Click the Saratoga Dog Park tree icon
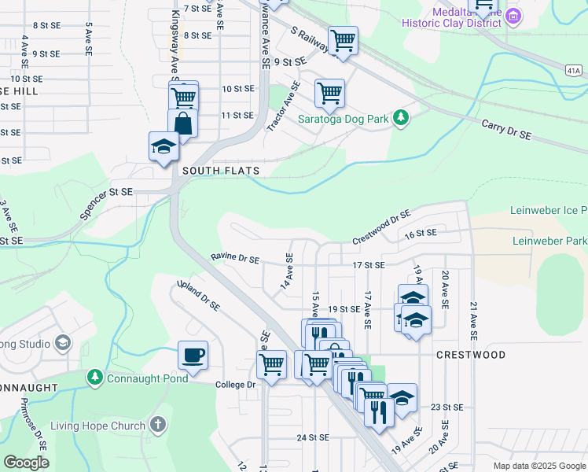click(402, 118)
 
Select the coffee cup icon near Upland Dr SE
click(193, 356)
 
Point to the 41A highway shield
click(577, 70)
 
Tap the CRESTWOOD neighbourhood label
click(471, 355)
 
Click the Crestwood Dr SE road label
click(381, 227)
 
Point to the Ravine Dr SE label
click(235, 258)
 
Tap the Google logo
click(27, 463)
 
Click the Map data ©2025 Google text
click(538, 466)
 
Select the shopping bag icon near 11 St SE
click(182, 124)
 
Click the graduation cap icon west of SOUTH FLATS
click(164, 146)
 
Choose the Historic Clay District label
click(451, 23)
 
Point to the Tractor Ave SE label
click(284, 106)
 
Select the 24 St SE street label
click(312, 437)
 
